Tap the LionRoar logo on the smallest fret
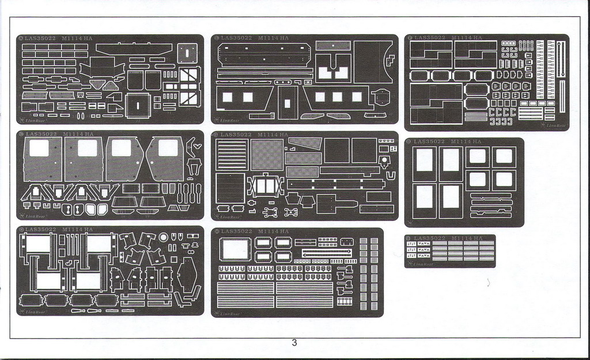(x=422, y=264)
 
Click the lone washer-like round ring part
(x=164, y=237)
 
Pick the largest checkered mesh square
(x=267, y=154)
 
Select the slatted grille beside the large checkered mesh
(x=230, y=154)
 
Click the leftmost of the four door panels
(x=43, y=159)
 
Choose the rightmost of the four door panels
(x=165, y=159)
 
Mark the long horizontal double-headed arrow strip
(x=327, y=252)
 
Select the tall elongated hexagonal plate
(x=187, y=275)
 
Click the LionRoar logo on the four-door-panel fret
(x=35, y=216)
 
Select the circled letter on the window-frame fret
(x=408, y=141)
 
